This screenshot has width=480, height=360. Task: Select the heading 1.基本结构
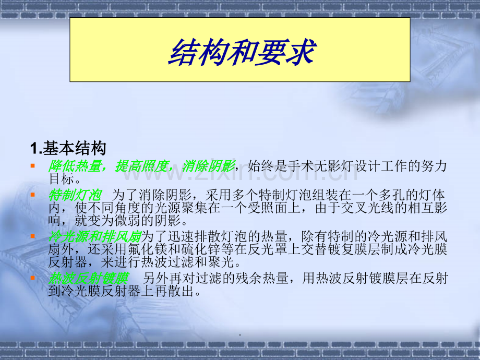68,149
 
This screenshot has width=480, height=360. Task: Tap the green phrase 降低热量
75,166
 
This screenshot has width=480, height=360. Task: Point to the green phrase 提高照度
142,166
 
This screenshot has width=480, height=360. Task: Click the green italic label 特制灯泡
75,195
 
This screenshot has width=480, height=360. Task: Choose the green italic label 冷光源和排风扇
95,236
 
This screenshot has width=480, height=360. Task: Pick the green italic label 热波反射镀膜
88,278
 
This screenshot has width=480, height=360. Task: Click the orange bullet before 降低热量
32,166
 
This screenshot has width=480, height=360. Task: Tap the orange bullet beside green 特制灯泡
32,195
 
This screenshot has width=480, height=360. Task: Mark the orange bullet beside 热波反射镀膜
32,278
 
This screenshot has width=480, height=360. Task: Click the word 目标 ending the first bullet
62,179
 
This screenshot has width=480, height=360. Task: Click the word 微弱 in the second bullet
128,220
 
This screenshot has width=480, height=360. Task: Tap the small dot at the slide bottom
239,335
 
